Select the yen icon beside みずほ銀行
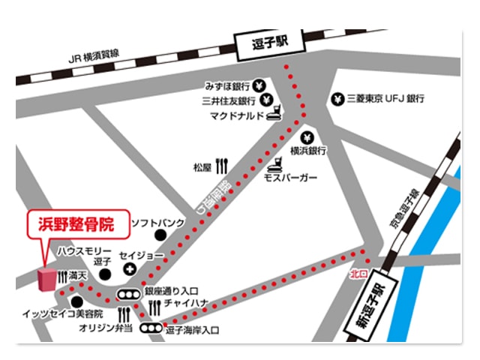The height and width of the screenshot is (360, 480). (259, 85)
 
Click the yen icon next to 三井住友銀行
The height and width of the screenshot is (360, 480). (268, 100)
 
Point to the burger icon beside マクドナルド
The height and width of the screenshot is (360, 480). (276, 115)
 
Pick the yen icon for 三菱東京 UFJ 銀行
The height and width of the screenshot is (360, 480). (338, 99)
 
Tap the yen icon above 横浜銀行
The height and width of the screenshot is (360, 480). (307, 137)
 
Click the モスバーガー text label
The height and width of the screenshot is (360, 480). (290, 178)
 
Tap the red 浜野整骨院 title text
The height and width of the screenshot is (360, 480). (71, 223)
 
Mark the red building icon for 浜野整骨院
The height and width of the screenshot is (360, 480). (46, 278)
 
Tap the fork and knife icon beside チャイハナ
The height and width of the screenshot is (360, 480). (154, 307)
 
